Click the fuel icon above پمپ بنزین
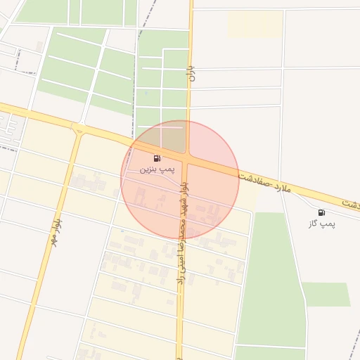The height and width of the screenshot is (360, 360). click(x=156, y=158)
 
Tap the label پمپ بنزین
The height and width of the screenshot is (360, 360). click(x=156, y=169)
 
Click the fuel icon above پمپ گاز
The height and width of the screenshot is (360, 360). click(x=321, y=212)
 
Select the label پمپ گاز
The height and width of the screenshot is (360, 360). click(x=322, y=224)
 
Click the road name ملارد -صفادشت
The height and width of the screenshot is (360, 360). click(x=264, y=182)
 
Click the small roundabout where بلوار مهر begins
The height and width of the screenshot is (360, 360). click(x=78, y=128)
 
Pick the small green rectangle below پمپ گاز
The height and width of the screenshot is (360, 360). click(x=326, y=294)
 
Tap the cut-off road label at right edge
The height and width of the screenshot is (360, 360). click(x=351, y=203)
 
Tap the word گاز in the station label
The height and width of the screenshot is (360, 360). click(x=314, y=224)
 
